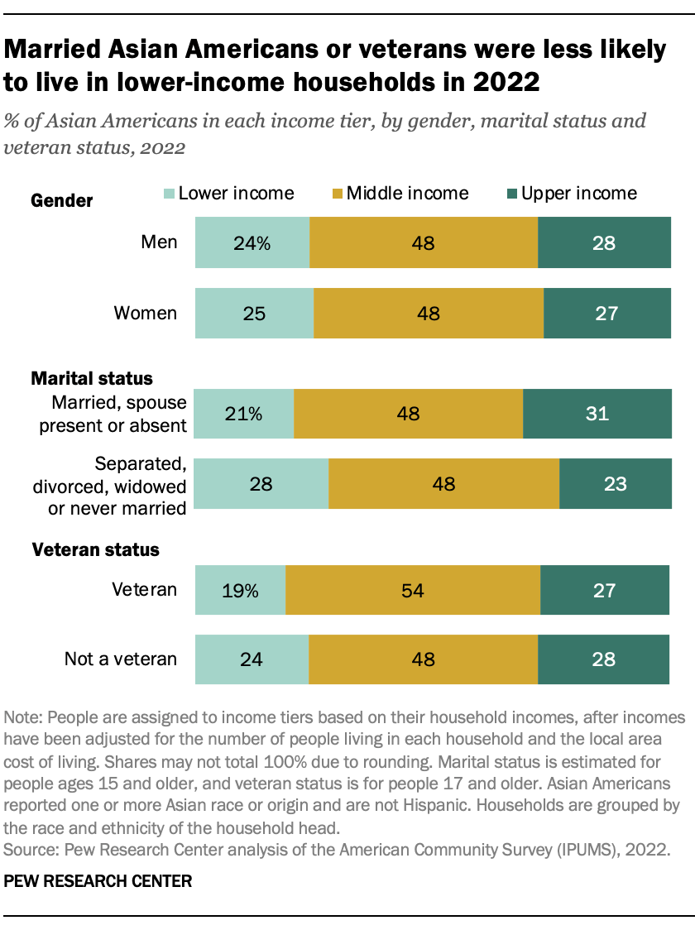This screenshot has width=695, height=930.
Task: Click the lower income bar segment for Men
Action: [252, 243]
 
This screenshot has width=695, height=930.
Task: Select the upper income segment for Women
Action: [606, 314]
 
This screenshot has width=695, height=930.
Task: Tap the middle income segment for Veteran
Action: [412, 590]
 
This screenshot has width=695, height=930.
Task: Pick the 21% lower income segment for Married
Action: [244, 414]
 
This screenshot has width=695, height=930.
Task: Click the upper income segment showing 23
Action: [615, 484]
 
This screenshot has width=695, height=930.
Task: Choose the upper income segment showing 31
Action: [597, 414]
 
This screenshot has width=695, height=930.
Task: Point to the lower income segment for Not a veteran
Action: [252, 659]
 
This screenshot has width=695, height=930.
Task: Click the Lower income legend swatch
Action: [169, 194]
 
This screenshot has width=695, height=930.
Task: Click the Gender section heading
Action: [61, 201]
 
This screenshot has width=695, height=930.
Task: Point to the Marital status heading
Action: [92, 378]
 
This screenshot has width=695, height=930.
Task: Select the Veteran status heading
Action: [95, 549]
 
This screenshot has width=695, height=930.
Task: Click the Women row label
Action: [145, 313]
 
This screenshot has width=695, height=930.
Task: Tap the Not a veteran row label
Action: [121, 659]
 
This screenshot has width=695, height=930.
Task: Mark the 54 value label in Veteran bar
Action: [412, 591]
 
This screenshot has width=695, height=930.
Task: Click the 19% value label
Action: [241, 591]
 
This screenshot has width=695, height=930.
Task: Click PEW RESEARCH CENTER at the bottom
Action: [98, 882]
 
